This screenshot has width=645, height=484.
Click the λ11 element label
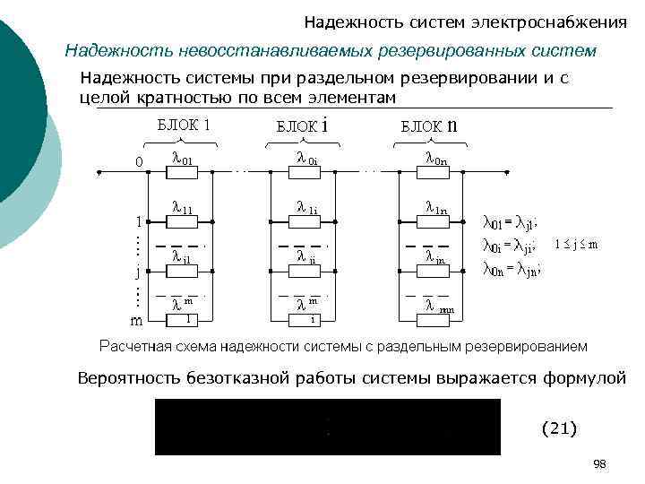183,209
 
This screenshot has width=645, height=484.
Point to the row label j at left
137,269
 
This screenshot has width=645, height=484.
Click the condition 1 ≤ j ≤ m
576,244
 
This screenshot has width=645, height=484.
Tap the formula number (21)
559,428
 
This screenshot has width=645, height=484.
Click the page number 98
599,463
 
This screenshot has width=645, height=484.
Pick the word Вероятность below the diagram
130,378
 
